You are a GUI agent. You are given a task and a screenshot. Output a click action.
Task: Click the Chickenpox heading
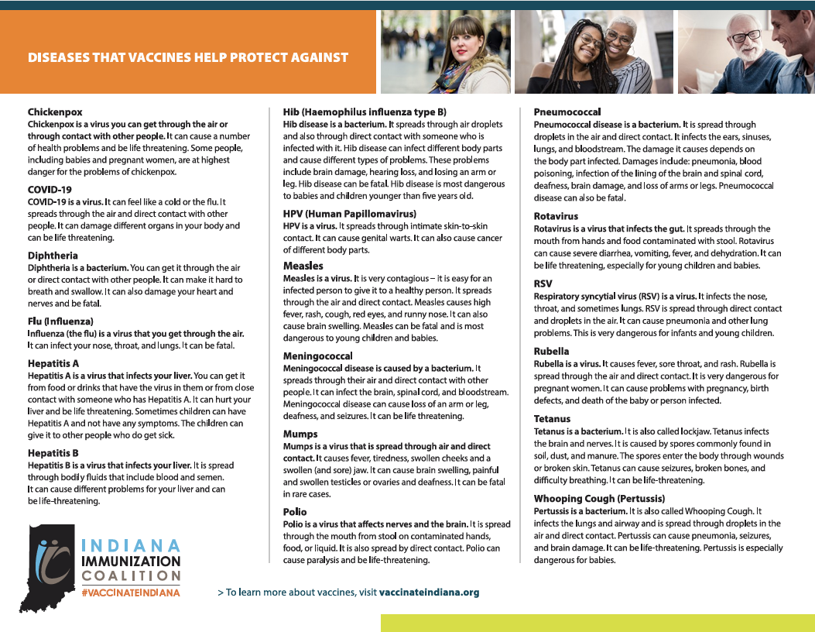point(55,112)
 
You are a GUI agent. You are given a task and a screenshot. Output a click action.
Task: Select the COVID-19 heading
point(50,188)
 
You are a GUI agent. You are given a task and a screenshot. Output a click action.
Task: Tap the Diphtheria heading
point(53,255)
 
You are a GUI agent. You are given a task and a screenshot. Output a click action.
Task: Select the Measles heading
point(303,266)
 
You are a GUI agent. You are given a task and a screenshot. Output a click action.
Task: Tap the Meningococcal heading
point(318,355)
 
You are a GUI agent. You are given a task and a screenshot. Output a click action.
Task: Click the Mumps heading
point(301,434)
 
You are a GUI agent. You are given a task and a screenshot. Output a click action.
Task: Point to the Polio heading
point(295,512)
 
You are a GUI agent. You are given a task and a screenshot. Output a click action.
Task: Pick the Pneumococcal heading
point(567,112)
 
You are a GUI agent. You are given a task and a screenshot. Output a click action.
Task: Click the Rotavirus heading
point(556,216)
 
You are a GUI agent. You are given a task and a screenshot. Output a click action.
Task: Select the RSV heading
point(543,283)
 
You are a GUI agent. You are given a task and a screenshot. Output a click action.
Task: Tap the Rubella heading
point(552,351)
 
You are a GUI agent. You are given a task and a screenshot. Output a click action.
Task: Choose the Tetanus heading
point(552,418)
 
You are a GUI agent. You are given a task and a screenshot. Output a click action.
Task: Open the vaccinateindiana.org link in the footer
point(429,592)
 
